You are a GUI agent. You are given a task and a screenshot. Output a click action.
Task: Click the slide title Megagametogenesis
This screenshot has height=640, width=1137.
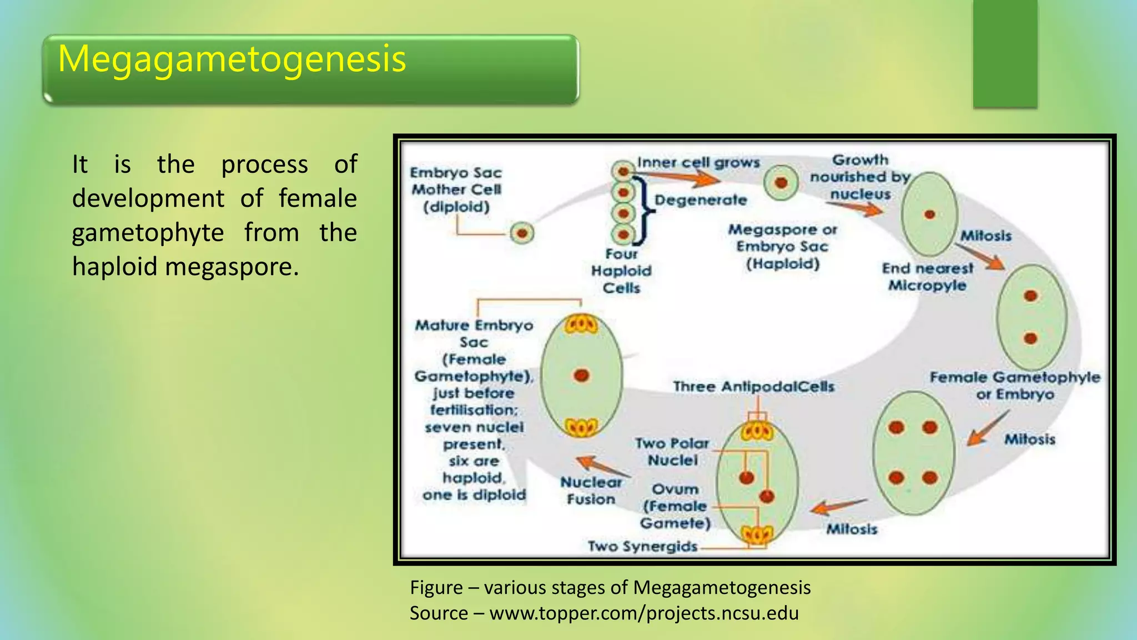click(232, 59)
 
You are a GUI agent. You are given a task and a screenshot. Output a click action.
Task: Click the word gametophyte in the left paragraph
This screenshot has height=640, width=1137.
click(148, 232)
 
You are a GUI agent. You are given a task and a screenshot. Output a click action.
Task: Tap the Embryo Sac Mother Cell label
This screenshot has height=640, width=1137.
click(456, 189)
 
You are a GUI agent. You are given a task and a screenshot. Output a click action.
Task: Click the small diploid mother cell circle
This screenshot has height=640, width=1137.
click(522, 233)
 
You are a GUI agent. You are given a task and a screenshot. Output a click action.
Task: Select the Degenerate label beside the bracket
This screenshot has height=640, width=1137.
click(701, 200)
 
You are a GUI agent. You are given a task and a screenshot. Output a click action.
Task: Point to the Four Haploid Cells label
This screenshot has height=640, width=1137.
click(621, 271)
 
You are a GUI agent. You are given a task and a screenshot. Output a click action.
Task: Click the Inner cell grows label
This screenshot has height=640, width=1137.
click(698, 162)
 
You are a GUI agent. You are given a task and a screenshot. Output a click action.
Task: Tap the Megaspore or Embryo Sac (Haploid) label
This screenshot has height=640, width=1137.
click(783, 247)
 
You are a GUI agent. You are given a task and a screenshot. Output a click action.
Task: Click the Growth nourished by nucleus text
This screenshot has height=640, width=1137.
click(860, 177)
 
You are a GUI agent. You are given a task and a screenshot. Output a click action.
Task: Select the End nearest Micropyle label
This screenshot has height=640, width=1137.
click(928, 277)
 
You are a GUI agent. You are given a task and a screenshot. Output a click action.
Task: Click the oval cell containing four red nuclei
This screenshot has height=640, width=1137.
click(913, 453)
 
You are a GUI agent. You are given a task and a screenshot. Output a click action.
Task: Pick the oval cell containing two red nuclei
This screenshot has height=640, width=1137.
click(1031, 317)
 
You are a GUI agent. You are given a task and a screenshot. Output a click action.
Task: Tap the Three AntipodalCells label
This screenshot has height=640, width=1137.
click(753, 386)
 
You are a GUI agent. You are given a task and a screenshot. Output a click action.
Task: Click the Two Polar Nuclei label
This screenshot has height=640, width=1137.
click(672, 452)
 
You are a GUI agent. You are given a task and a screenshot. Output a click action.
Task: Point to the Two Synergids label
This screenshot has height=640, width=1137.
click(642, 547)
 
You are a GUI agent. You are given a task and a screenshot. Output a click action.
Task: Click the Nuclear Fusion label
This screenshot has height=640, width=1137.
click(591, 491)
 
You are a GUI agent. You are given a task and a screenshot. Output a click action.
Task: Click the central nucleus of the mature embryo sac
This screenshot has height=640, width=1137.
click(581, 376)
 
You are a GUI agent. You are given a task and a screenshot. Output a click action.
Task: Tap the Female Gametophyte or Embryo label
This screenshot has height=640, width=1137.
click(1015, 386)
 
